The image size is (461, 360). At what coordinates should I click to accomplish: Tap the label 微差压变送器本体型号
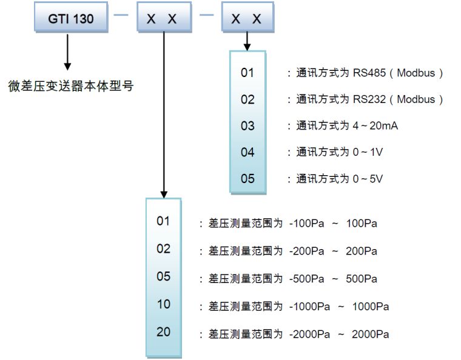72,85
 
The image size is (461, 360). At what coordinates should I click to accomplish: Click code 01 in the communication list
247,73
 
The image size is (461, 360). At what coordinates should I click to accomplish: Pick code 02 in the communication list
247,99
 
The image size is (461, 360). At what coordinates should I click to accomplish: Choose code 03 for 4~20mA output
247,126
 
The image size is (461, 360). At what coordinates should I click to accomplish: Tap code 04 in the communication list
247,152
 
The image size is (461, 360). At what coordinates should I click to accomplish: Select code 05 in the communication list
247,179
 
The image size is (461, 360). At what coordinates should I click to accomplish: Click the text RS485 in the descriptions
369,73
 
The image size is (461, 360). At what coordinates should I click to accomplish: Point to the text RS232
369,99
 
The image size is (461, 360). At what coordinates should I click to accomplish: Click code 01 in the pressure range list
164,221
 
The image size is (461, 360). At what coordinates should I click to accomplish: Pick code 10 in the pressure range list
164,304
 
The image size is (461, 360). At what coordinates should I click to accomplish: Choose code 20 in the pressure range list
164,332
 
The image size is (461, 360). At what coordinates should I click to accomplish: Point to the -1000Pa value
308,307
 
